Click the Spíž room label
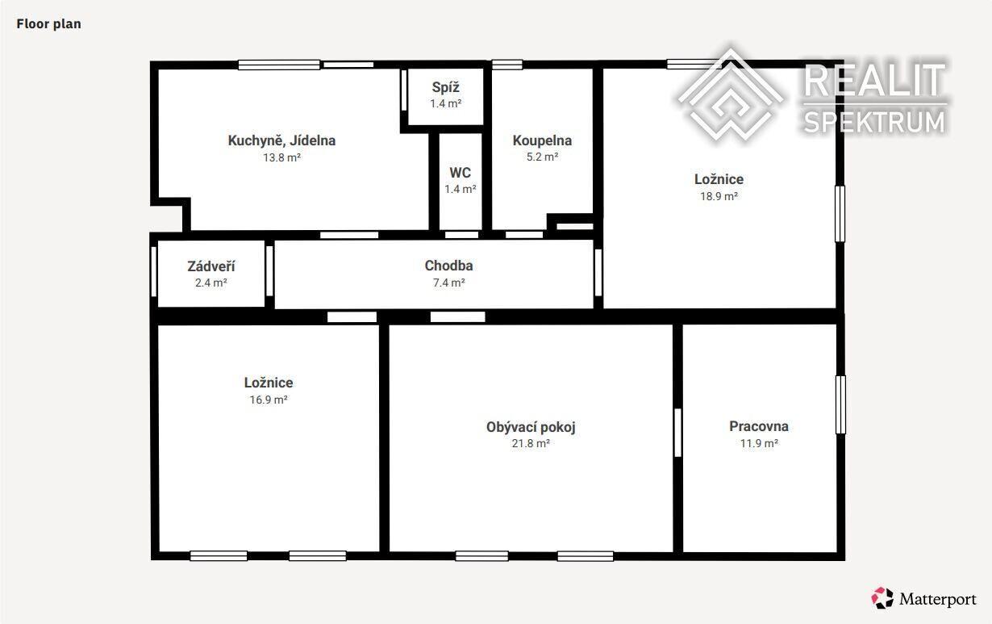pyautogui.click(x=445, y=87)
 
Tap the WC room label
pyautogui.click(x=461, y=173)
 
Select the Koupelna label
pyautogui.click(x=542, y=140)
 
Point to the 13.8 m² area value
pyautogui.click(x=281, y=157)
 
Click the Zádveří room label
pyautogui.click(x=211, y=266)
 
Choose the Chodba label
pyautogui.click(x=448, y=266)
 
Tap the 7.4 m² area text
pyautogui.click(x=448, y=283)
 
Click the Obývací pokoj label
pyautogui.click(x=531, y=427)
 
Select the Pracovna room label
pyautogui.click(x=759, y=426)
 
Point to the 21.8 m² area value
pyautogui.click(x=531, y=443)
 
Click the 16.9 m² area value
pyautogui.click(x=269, y=400)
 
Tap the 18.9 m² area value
pyautogui.click(x=719, y=196)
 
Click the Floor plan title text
pyautogui.click(x=48, y=24)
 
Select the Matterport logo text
pyautogui.click(x=937, y=600)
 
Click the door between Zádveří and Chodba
pyautogui.click(x=269, y=270)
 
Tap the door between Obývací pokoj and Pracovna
pyautogui.click(x=677, y=433)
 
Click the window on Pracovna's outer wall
pyautogui.click(x=840, y=404)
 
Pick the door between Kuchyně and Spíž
pyautogui.click(x=404, y=90)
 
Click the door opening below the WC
pyautogui.click(x=461, y=235)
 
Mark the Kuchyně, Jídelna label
pyautogui.click(x=281, y=140)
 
